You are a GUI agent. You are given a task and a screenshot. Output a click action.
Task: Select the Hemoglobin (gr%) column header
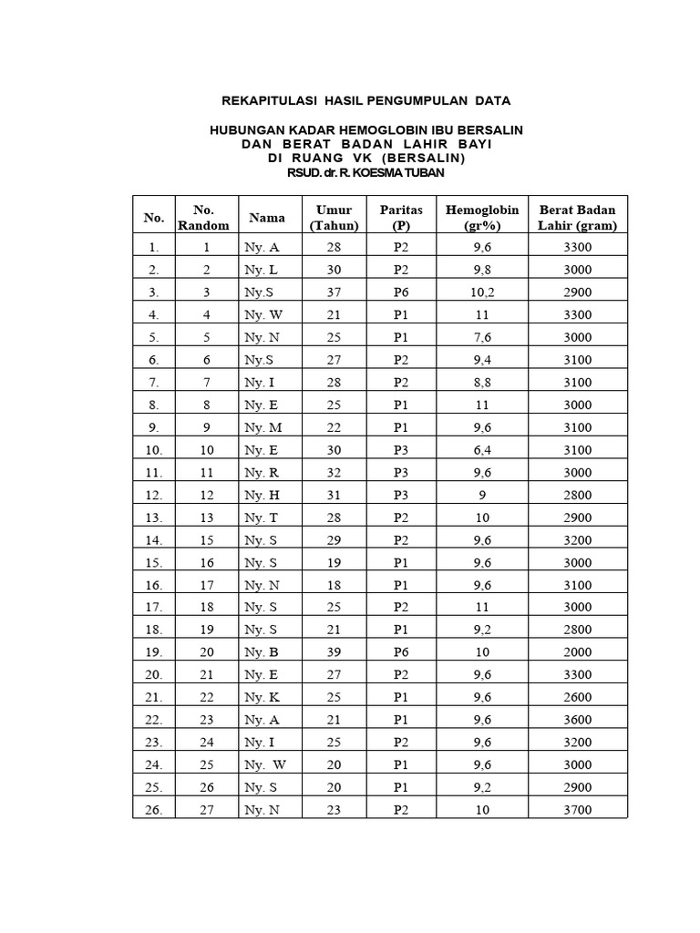pos(481,218)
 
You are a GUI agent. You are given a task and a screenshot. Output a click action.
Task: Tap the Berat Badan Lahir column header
pos(577,218)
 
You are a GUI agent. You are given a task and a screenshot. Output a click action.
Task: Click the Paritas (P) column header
pos(401,218)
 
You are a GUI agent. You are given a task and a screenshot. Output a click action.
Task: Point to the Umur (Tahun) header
pos(334,218)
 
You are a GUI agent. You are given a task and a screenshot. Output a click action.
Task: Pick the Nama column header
pos(266,218)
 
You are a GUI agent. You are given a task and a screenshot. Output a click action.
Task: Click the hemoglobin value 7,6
pos(482,337)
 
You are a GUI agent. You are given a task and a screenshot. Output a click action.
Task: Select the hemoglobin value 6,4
pos(482,450)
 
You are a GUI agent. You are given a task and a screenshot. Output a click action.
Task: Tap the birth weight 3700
pos(577,810)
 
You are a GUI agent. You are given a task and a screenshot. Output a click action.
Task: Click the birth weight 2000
pos(577,652)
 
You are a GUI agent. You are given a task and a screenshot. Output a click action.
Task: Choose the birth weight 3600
pos(577,720)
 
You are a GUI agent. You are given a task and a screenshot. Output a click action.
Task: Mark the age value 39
pos(334,652)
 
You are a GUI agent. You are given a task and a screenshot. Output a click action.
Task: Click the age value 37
pos(334,292)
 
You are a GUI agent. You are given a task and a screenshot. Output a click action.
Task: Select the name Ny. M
pos(262,427)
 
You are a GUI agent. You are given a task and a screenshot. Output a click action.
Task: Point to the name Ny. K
pos(262,697)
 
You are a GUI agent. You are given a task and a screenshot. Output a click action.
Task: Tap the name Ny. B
pos(262,652)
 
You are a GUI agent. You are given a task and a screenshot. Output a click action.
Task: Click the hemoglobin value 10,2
pos(482,292)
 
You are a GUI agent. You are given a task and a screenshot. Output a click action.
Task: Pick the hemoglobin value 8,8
pos(482,383)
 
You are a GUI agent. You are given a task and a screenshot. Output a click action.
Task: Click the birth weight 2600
pos(577,697)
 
